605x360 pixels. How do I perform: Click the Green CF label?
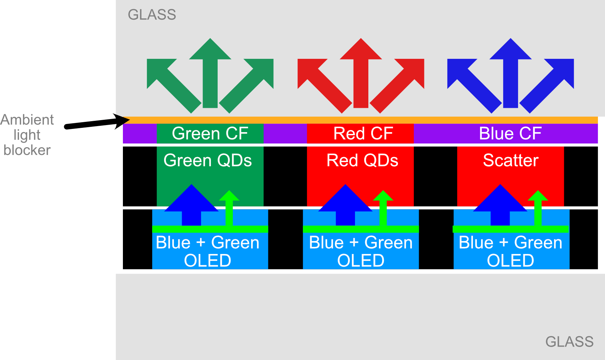click(x=210, y=134)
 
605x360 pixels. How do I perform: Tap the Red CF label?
click(x=363, y=134)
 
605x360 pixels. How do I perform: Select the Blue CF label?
click(x=510, y=134)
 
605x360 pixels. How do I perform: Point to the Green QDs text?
click(x=207, y=161)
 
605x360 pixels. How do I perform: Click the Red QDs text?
click(x=362, y=161)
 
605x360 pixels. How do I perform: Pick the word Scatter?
click(x=511, y=161)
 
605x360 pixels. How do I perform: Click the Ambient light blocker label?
click(x=27, y=135)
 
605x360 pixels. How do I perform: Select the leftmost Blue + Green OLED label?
click(x=207, y=252)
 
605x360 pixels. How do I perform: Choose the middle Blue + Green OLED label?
click(x=361, y=252)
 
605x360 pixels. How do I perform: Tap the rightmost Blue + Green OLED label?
click(x=511, y=252)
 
